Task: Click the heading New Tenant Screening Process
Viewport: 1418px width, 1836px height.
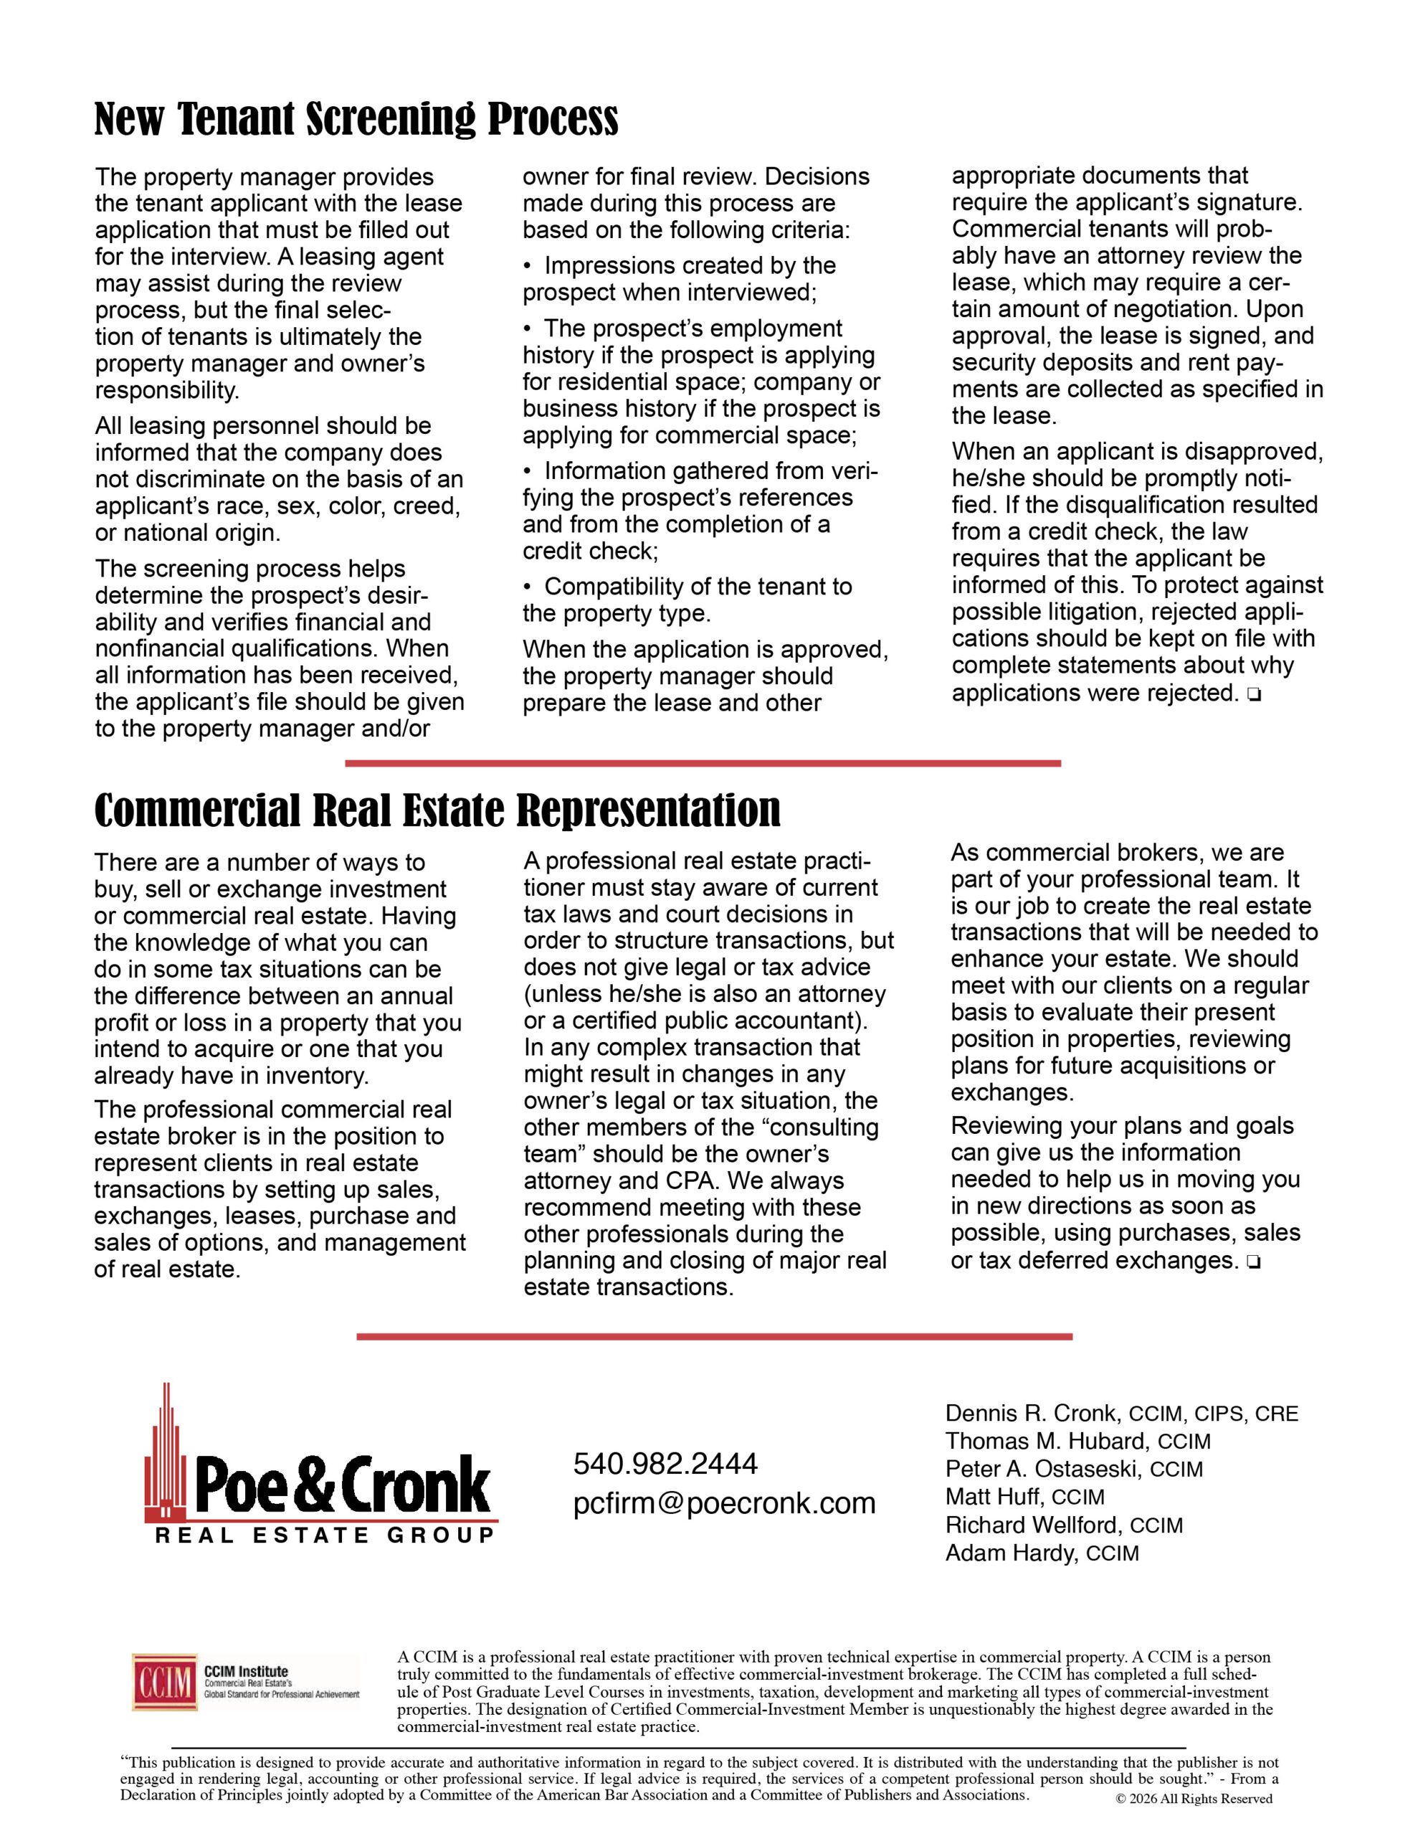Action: point(356,118)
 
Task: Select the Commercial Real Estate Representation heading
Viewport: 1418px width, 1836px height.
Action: point(437,810)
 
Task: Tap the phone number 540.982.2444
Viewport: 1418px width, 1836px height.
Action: point(665,1464)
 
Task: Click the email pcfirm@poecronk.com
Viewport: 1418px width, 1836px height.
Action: point(724,1503)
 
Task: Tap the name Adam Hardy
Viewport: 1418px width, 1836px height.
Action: point(1010,1553)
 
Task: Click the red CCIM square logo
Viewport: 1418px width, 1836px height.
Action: point(164,1681)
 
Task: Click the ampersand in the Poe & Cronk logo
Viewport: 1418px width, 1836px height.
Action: point(315,1486)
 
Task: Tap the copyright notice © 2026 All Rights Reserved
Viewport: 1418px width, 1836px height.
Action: point(1194,1799)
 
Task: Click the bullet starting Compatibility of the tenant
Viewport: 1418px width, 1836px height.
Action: point(687,600)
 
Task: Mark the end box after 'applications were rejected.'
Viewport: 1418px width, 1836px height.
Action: point(1254,694)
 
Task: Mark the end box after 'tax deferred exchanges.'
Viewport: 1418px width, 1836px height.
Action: point(1254,1262)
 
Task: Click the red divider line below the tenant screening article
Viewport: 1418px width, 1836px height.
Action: point(703,763)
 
